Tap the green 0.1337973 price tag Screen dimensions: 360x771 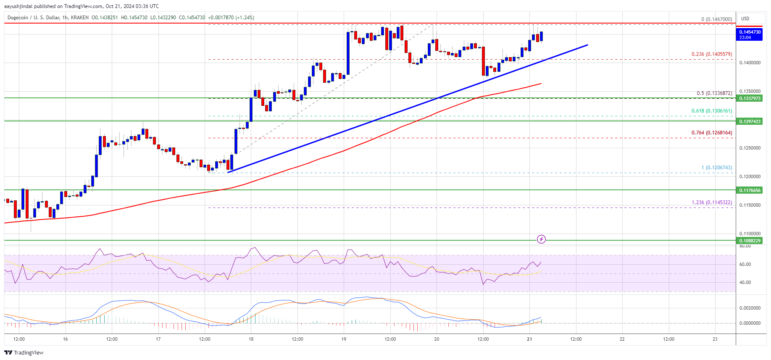click(750, 98)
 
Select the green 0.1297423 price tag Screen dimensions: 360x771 click(750, 121)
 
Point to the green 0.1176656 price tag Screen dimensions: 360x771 click(750, 190)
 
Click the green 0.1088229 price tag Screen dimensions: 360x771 click(750, 241)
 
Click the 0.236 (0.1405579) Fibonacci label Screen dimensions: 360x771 click(711, 54)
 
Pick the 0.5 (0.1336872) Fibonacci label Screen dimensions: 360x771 click(714, 93)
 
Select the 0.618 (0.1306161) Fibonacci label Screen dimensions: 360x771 click(711, 111)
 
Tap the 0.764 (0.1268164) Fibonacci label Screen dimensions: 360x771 click(711, 133)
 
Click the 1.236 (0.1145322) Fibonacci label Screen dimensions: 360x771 click(711, 202)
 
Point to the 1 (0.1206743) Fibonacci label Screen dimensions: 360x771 click(716, 168)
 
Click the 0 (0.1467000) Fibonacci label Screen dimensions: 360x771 click(716, 19)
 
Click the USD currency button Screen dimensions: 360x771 click(745, 18)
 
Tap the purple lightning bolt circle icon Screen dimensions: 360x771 click(542, 239)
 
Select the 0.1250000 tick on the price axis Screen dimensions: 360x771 click(750, 148)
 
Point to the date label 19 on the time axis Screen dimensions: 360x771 click(344, 339)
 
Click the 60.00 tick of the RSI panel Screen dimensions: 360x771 click(745, 264)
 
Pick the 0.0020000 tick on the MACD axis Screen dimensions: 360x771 click(750, 308)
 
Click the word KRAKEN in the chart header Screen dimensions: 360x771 click(80, 18)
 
